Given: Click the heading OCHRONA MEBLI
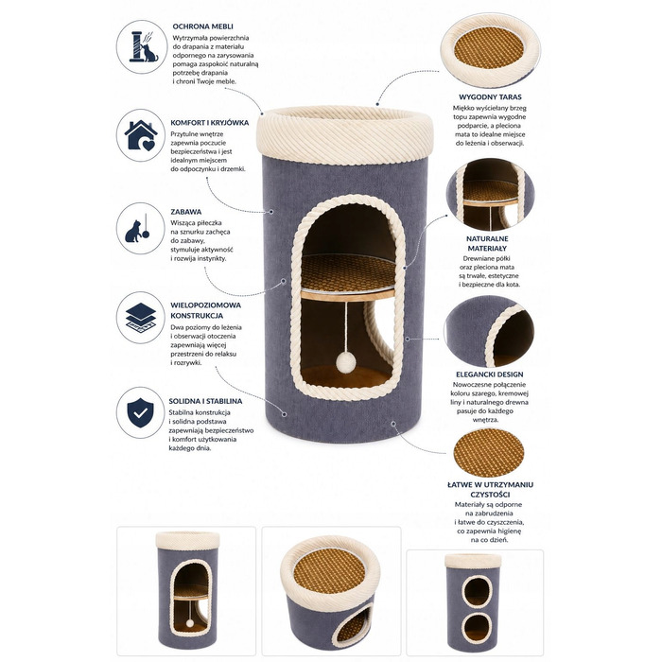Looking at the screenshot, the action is [202, 26].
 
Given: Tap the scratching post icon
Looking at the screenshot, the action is [142, 46].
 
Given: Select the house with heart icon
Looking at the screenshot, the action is [141, 135].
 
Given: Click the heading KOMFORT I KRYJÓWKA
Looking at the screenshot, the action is [209, 123].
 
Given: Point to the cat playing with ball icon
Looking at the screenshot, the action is [138, 229].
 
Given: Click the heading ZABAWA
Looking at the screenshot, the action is [185, 212].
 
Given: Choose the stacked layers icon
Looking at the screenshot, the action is [141, 318].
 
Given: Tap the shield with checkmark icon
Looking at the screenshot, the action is [141, 412].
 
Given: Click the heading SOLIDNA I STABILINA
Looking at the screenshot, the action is [205, 401].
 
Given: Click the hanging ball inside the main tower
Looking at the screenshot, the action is [346, 362].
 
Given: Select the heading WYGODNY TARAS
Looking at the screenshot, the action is [490, 97].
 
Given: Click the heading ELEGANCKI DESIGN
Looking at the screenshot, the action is [489, 375].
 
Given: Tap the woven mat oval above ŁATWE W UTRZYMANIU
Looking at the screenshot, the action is [489, 453].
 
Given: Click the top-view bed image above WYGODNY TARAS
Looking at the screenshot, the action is [490, 51].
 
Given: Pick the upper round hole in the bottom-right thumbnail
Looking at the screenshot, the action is [477, 590].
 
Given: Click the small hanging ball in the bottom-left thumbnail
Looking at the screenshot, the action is [190, 623].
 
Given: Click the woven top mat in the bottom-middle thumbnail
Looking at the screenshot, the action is [329, 571].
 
